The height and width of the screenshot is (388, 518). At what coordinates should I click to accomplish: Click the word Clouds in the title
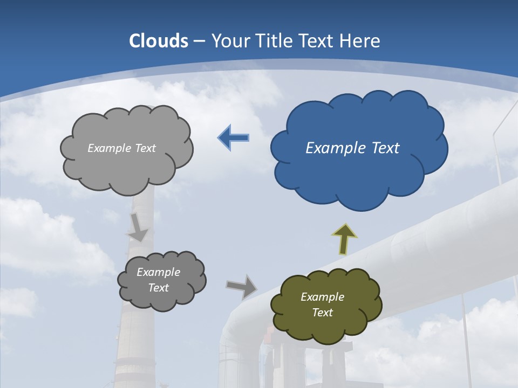coord(158,41)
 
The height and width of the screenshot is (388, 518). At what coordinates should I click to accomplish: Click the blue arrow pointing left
coord(234,138)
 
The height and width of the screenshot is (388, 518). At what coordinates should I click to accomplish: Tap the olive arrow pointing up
coord(344,239)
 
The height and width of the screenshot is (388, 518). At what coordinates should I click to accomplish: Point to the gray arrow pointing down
coord(138,227)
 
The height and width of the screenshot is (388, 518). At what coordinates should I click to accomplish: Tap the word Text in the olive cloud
coord(322,313)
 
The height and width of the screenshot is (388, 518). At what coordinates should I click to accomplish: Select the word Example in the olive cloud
coord(322,297)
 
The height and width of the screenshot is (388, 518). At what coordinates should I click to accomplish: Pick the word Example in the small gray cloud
coord(158,272)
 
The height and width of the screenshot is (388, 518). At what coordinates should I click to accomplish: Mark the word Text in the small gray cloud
coord(158,288)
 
